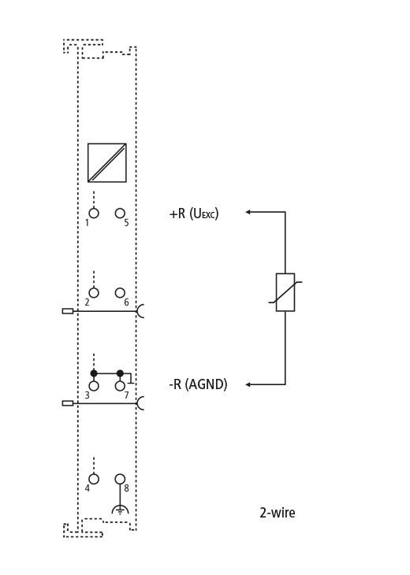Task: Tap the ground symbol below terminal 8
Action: click(x=120, y=510)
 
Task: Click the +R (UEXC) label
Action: click(x=194, y=213)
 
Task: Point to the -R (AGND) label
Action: click(x=198, y=384)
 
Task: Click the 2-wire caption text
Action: click(x=278, y=512)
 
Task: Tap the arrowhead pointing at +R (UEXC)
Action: click(x=248, y=212)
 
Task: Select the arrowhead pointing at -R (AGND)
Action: click(x=248, y=384)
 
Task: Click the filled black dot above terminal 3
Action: click(x=94, y=373)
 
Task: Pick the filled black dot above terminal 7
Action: click(x=120, y=373)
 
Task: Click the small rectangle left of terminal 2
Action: click(x=68, y=311)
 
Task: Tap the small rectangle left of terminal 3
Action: click(x=68, y=403)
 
